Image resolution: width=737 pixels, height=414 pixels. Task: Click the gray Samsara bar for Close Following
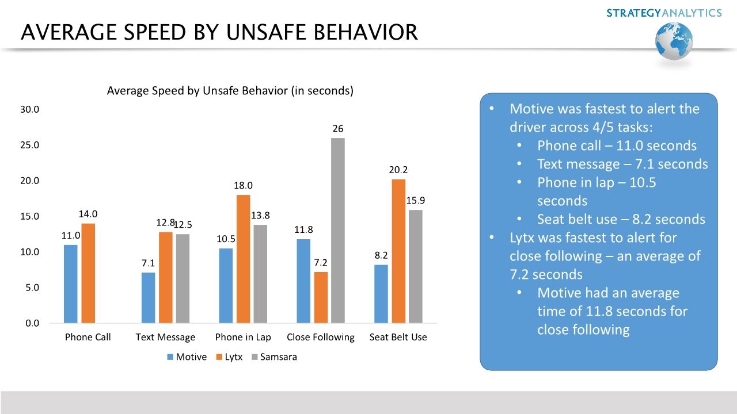(x=338, y=230)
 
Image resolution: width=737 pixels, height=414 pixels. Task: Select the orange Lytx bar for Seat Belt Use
(x=398, y=251)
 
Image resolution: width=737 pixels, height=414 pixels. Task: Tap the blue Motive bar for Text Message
(x=148, y=297)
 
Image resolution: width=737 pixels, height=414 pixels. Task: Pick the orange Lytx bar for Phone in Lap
(x=243, y=259)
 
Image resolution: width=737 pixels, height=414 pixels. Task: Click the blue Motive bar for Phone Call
(x=71, y=283)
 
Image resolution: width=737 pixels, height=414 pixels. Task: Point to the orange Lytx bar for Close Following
(x=321, y=297)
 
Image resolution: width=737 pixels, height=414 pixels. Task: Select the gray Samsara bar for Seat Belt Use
(x=416, y=266)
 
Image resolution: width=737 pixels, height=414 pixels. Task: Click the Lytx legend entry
(x=229, y=357)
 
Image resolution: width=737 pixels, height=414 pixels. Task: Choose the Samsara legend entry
(x=274, y=357)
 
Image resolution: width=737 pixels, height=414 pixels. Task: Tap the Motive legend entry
(x=187, y=357)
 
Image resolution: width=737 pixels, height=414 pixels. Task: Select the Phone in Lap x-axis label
(x=243, y=338)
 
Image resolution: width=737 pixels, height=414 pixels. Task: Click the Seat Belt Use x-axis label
(x=398, y=338)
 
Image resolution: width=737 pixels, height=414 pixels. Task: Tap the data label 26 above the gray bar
(x=338, y=129)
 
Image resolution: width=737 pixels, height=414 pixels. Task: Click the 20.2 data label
(x=398, y=170)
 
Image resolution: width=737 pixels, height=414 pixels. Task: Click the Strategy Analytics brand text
(x=664, y=13)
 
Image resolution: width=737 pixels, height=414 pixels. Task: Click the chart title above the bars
(x=230, y=91)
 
